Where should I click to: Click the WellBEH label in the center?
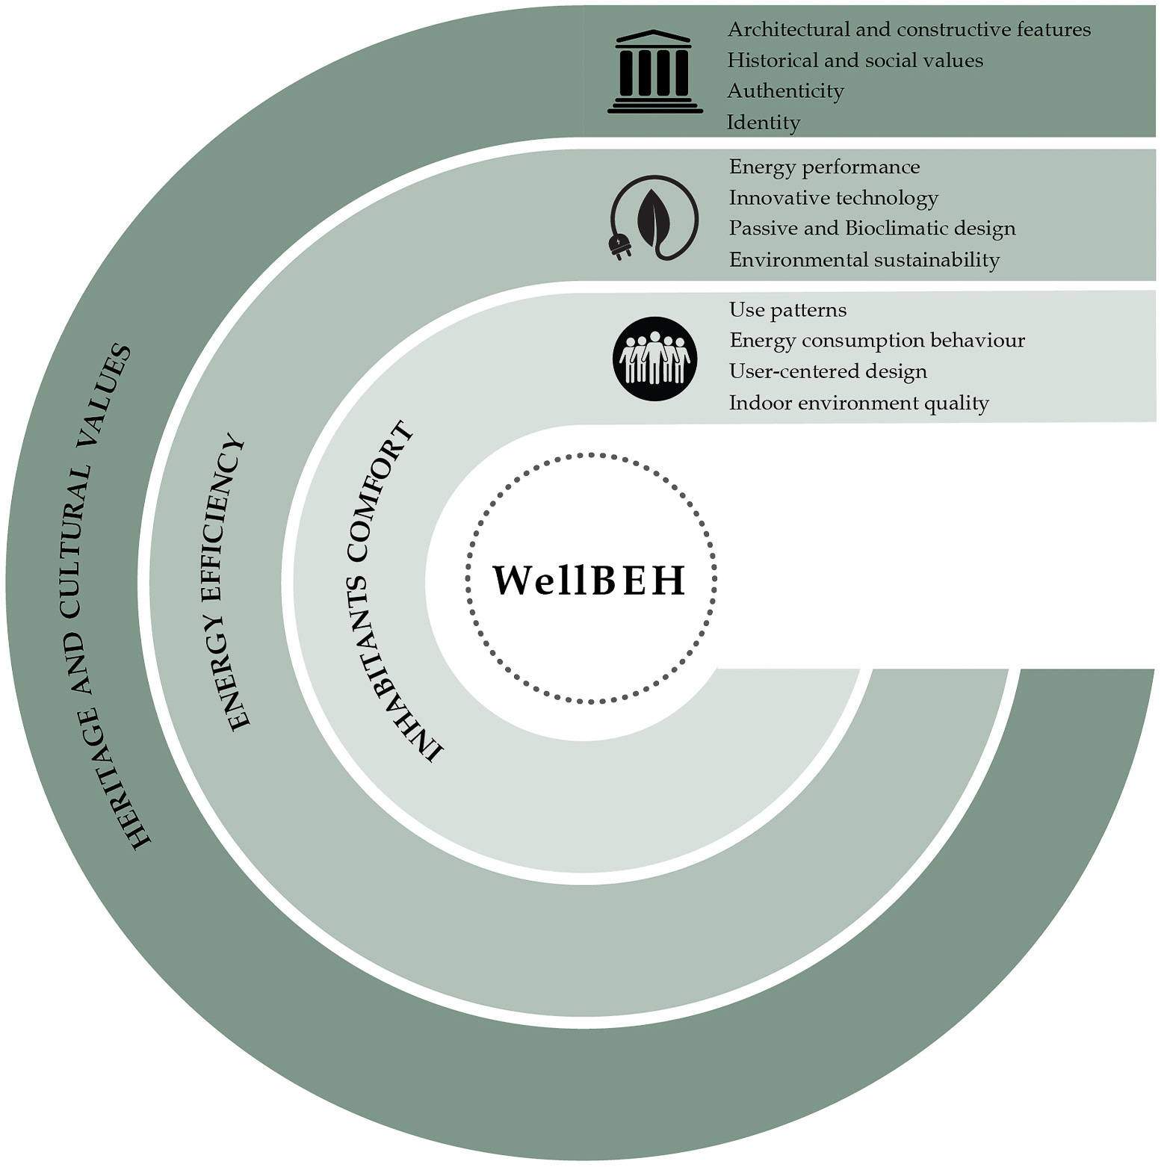589,581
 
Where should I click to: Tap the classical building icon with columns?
654,72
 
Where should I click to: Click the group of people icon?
655,359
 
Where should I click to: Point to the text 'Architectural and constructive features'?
908,30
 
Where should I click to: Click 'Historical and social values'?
855,61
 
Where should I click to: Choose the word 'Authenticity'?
785,91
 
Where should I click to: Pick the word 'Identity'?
763,123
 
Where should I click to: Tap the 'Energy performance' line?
824,167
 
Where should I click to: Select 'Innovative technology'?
833,198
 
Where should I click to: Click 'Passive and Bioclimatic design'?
872,229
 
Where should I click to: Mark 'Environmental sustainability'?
864,260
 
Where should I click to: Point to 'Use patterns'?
787,310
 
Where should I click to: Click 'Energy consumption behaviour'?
876,341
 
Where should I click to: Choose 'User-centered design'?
828,371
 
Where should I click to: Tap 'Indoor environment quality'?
858,403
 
